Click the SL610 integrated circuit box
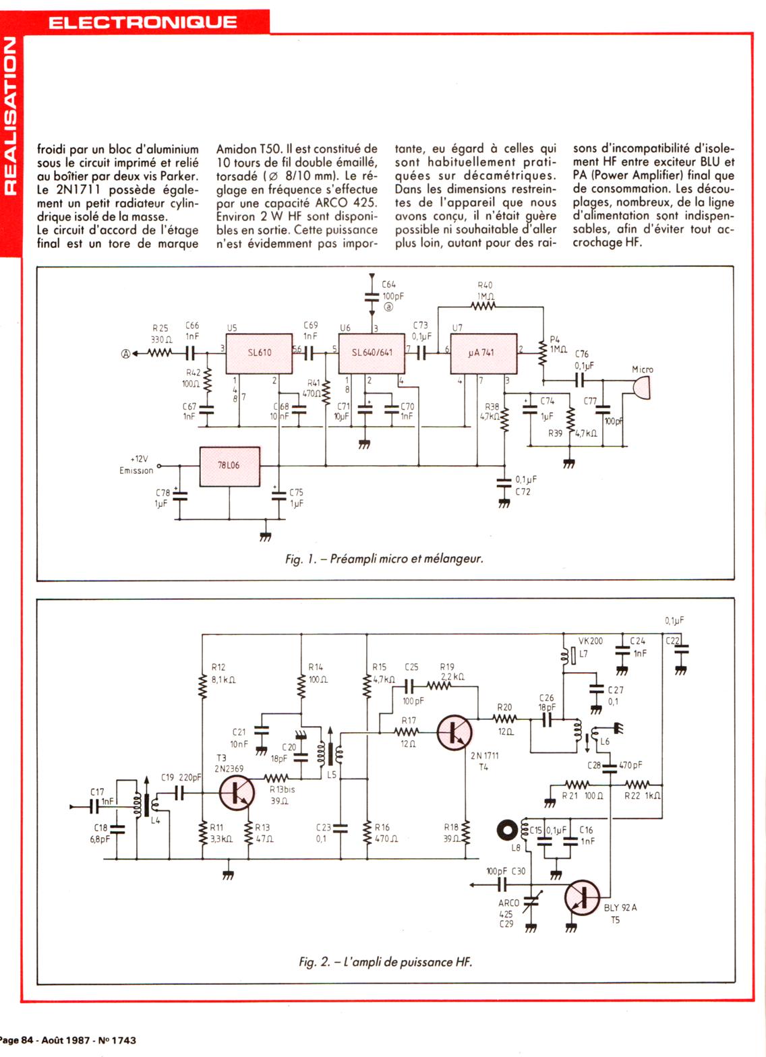tap(259, 353)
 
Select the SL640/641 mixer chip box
tap(372, 353)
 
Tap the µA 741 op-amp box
tap(483, 353)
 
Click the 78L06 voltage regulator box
tap(229, 466)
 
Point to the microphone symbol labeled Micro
tap(641, 387)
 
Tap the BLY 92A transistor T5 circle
tap(582, 897)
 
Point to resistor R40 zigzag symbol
tap(484, 307)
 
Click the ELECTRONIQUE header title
tap(143, 22)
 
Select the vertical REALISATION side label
tap(9, 115)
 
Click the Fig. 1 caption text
tap(384, 559)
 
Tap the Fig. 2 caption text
tap(385, 962)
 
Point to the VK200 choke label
tap(591, 641)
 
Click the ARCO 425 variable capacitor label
tap(509, 908)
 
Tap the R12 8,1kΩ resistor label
tap(222, 673)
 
